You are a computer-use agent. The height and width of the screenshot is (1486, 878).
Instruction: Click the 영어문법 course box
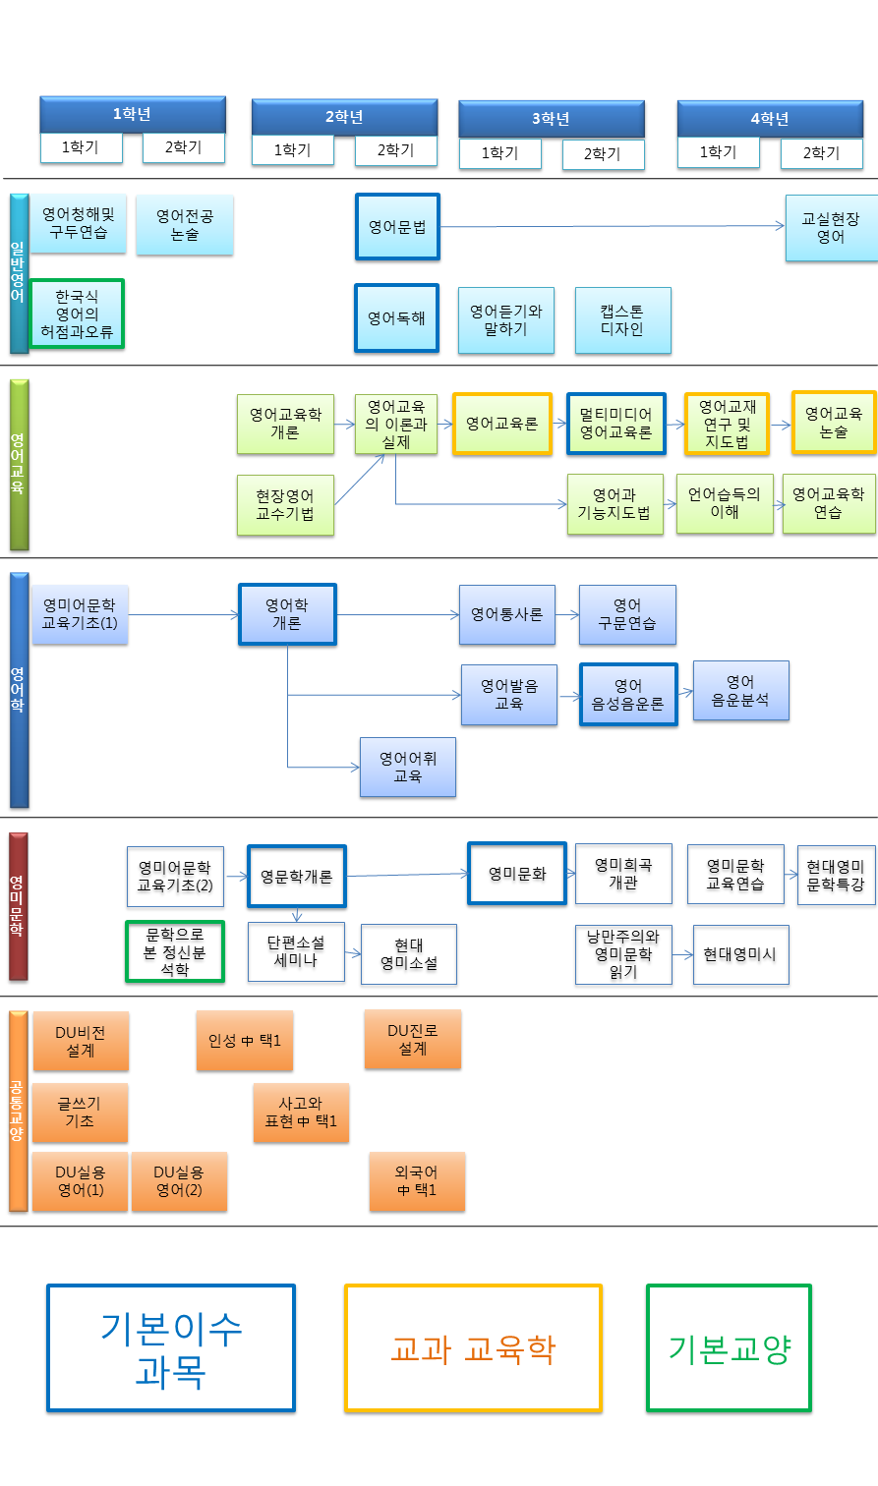tap(397, 227)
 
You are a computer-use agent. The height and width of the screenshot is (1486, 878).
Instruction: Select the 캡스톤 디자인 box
tap(622, 320)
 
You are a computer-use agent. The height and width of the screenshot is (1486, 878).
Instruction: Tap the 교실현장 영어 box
tap(831, 228)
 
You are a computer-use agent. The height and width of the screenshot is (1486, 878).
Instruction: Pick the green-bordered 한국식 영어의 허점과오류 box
tap(78, 314)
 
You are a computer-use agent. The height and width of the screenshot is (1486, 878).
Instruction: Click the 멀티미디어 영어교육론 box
tap(615, 424)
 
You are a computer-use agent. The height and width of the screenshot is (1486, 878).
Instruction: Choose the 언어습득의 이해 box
tap(725, 504)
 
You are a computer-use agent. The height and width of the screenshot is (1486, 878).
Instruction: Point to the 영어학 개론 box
tap(287, 614)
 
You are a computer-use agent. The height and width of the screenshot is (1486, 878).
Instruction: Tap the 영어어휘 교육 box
tap(408, 767)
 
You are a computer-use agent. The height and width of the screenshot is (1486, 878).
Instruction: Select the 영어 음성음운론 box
tap(628, 695)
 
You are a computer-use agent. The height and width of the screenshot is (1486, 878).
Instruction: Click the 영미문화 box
tap(517, 873)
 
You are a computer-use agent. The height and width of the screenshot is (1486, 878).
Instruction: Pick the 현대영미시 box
tap(740, 954)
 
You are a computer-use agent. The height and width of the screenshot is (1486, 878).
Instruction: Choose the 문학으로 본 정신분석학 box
tap(175, 951)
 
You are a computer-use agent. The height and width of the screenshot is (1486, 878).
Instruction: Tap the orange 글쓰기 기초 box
tap(80, 1113)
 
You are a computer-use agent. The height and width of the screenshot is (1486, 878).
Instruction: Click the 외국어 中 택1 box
tap(417, 1181)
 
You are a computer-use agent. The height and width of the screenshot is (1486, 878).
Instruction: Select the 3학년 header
tap(552, 119)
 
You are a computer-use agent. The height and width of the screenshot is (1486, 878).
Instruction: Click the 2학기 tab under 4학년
tap(821, 153)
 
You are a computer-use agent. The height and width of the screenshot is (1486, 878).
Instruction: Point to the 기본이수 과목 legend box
tap(171, 1348)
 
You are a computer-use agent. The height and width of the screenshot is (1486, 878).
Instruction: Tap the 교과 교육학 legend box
tap(473, 1348)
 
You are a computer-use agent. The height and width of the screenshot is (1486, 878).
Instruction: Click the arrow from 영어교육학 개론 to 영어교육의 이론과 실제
tap(344, 425)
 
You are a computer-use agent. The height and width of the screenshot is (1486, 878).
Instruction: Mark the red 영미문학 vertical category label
tap(18, 906)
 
